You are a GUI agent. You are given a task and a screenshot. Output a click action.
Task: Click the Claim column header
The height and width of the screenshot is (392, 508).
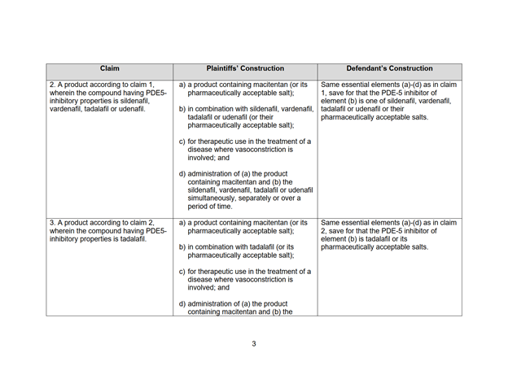[x=109, y=69]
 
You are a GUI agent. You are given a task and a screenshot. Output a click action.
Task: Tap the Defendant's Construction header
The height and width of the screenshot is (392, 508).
[x=389, y=69]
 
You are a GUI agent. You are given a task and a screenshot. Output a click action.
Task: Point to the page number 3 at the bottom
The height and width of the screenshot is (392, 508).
[x=253, y=344]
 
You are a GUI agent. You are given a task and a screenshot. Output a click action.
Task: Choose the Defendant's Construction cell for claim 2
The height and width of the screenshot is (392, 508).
[x=389, y=101]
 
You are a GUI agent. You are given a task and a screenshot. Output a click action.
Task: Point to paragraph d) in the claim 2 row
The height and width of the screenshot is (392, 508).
[x=244, y=189]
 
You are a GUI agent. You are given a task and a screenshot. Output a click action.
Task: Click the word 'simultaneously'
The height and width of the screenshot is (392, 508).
[x=214, y=198]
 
